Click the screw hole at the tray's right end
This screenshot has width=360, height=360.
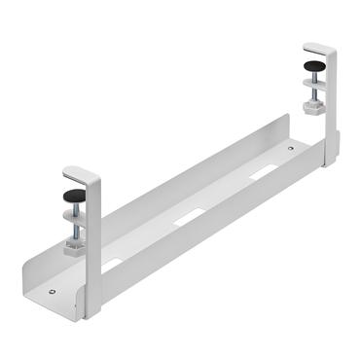coord(291,148)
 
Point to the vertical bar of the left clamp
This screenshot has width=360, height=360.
coord(93,243)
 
